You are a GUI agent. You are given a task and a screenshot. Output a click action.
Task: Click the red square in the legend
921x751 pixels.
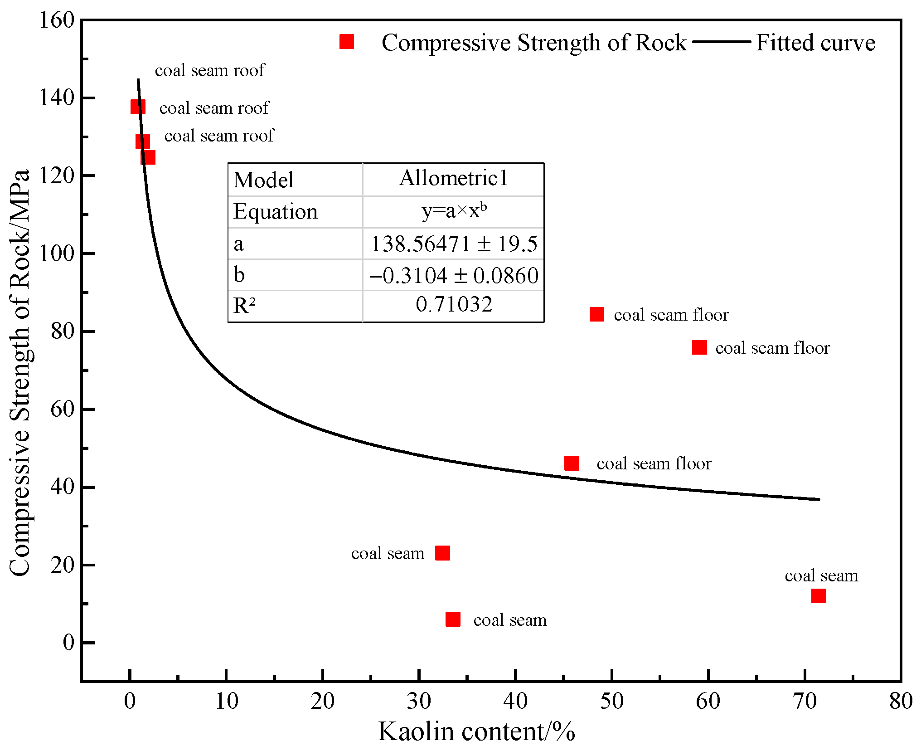347,42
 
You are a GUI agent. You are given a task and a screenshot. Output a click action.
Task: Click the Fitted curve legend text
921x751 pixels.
815,43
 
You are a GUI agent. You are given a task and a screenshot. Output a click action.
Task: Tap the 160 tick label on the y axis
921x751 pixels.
57,20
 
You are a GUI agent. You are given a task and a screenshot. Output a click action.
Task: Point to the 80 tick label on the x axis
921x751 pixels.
901,701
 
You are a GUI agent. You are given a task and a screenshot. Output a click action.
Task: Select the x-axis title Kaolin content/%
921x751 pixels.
476,731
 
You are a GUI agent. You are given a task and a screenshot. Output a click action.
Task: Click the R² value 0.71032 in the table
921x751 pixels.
454,304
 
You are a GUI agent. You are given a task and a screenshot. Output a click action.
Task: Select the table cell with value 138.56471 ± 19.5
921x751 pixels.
454,244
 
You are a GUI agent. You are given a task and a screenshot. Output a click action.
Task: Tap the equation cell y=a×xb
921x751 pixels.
454,211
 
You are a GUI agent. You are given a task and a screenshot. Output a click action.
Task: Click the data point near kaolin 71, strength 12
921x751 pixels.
818,595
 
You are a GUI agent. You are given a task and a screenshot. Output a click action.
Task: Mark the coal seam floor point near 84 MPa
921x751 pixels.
597,314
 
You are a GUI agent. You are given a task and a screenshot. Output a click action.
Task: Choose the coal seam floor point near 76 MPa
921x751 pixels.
699,347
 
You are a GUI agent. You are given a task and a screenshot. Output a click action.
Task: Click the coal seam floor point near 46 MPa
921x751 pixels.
572,463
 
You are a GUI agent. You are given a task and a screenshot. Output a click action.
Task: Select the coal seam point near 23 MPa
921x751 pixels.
442,553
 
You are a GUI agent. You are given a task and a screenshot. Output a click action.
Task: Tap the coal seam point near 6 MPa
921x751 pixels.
453,619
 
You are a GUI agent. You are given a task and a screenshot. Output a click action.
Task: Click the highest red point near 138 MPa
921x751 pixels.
138,107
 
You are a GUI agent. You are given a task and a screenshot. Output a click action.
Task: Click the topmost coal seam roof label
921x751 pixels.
210,70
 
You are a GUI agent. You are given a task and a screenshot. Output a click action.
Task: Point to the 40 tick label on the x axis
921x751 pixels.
515,701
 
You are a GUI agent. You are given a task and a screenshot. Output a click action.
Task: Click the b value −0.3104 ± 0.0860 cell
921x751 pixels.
454,275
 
